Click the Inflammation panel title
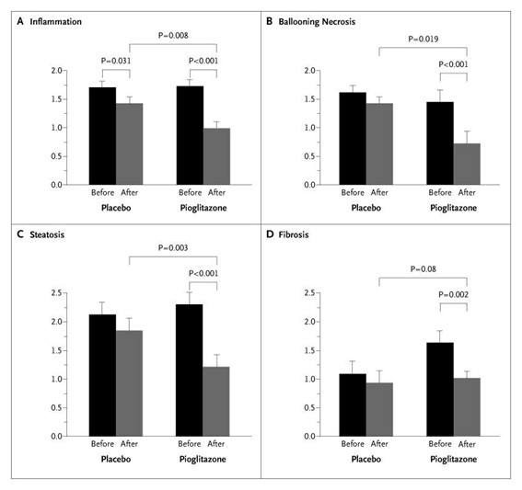pyautogui.click(x=55, y=22)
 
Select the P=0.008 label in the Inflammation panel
pyautogui.click(x=173, y=35)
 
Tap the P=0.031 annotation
pyautogui.click(x=116, y=61)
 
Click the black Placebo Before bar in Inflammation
pyautogui.click(x=102, y=136)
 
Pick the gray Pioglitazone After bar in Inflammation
pyautogui.click(x=216, y=156)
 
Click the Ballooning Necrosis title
pyautogui.click(x=317, y=22)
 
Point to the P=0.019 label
pyautogui.click(x=423, y=39)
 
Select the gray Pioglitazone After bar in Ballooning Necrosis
pyautogui.click(x=467, y=165)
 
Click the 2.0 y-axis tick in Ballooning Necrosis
pyautogui.click(x=309, y=71)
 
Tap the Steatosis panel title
pyautogui.click(x=47, y=234)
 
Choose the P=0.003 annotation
pyautogui.click(x=173, y=247)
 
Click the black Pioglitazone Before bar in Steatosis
pyautogui.click(x=190, y=370)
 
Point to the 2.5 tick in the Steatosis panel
pyautogui.click(x=56, y=293)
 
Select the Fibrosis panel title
pyautogui.click(x=294, y=234)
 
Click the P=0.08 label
pyautogui.click(x=423, y=269)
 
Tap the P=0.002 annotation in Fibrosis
pyautogui.click(x=454, y=294)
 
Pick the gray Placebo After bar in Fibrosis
pyautogui.click(x=379, y=409)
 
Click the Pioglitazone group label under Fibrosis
pyautogui.click(x=454, y=459)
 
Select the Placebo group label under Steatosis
pyautogui.click(x=116, y=459)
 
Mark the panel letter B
pyautogui.click(x=270, y=22)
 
